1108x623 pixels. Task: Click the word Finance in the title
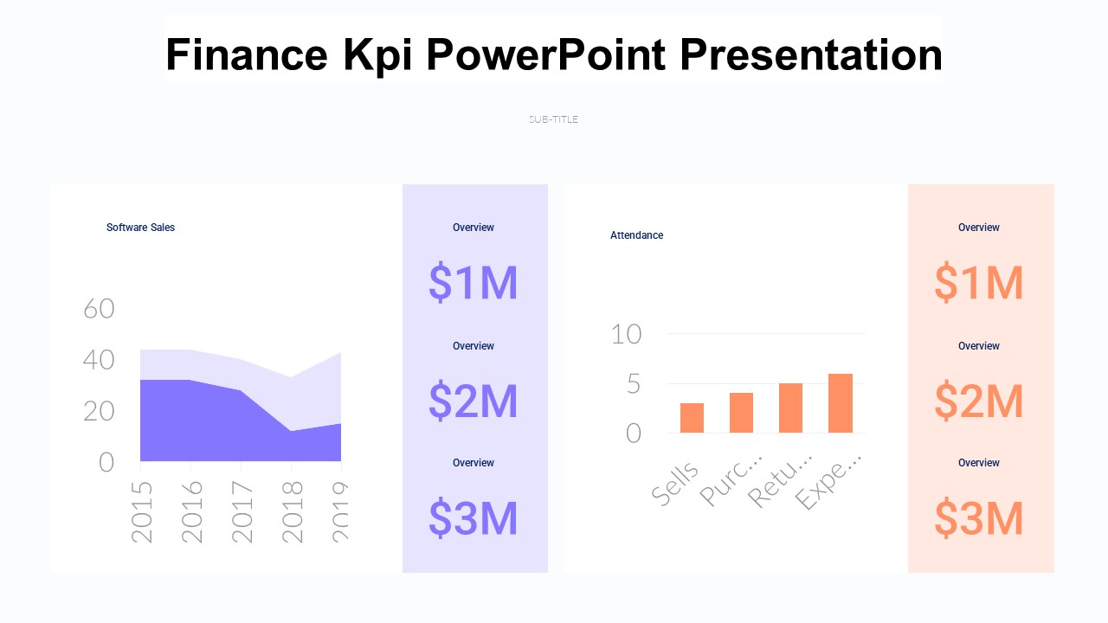[x=246, y=55]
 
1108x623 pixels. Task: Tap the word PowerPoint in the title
[x=546, y=55]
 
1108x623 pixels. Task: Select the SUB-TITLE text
[x=553, y=119]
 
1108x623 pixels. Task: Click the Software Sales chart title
[x=140, y=228]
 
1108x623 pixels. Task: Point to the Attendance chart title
[x=636, y=235]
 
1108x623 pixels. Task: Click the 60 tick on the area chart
[x=99, y=308]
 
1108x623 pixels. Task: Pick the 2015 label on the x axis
[x=142, y=511]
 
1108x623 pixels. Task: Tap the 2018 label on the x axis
[x=293, y=511]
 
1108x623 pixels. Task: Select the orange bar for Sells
[x=692, y=418]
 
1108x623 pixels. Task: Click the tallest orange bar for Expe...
[x=841, y=403]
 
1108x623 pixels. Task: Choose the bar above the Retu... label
[x=790, y=408]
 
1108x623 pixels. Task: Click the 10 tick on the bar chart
[x=626, y=334]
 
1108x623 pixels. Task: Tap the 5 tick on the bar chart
[x=633, y=383]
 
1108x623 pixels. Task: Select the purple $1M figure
[x=473, y=283]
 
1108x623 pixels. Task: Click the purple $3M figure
[x=473, y=518]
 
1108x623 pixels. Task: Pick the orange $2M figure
[x=978, y=401]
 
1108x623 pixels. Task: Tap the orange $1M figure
[x=978, y=283]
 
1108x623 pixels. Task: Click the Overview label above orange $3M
[x=978, y=463]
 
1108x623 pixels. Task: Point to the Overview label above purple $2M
[x=473, y=346]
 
